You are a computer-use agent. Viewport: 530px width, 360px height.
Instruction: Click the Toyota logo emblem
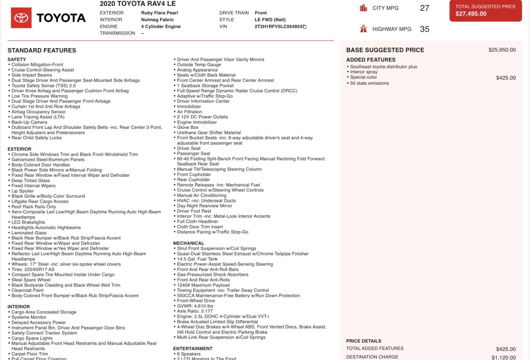point(21,18)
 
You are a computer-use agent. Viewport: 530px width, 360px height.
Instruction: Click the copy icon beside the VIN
point(305,26)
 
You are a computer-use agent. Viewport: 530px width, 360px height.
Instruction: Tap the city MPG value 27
point(424,8)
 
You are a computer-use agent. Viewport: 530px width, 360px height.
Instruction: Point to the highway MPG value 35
point(424,29)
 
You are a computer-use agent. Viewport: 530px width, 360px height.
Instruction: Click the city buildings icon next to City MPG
point(363,8)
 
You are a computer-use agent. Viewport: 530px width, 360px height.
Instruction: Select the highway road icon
point(363,29)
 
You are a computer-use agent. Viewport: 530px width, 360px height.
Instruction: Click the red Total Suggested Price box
point(485,10)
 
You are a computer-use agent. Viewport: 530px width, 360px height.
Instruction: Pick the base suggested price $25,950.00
point(502,50)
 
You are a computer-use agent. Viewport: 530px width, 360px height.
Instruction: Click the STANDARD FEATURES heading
point(42,50)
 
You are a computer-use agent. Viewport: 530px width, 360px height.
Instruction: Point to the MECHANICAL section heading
point(188,243)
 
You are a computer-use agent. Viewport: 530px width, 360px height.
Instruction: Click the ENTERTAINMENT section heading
point(193,349)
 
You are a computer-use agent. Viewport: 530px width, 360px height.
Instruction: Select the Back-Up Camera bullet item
point(30,122)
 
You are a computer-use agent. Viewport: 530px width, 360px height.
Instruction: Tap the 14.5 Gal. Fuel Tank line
point(202,259)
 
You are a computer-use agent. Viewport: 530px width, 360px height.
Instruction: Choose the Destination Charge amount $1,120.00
point(504,357)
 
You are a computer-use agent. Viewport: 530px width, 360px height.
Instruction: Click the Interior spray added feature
point(364,72)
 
